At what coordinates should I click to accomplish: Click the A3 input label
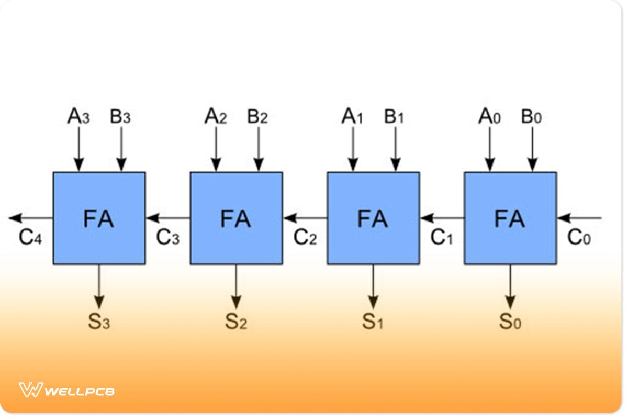(x=78, y=117)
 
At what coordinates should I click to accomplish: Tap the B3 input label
(x=120, y=117)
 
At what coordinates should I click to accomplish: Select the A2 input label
(x=216, y=117)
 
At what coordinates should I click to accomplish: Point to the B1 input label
(x=395, y=117)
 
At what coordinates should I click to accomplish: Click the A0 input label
(x=490, y=117)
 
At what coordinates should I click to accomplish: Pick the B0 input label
(x=532, y=117)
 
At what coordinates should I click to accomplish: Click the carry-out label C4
(x=30, y=238)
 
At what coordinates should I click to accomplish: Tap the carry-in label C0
(x=579, y=238)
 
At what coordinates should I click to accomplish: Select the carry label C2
(x=305, y=238)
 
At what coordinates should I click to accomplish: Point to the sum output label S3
(x=99, y=322)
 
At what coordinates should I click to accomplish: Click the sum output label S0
(x=510, y=322)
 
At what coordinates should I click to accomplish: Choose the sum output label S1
(x=373, y=322)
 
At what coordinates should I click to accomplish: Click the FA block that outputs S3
(x=99, y=218)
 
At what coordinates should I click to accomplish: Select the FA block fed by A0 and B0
(x=510, y=218)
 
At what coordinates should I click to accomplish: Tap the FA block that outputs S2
(x=236, y=218)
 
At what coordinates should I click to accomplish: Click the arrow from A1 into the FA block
(x=353, y=149)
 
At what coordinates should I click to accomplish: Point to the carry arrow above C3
(x=168, y=218)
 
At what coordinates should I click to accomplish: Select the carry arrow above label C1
(x=442, y=218)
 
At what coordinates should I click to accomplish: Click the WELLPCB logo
(x=67, y=390)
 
